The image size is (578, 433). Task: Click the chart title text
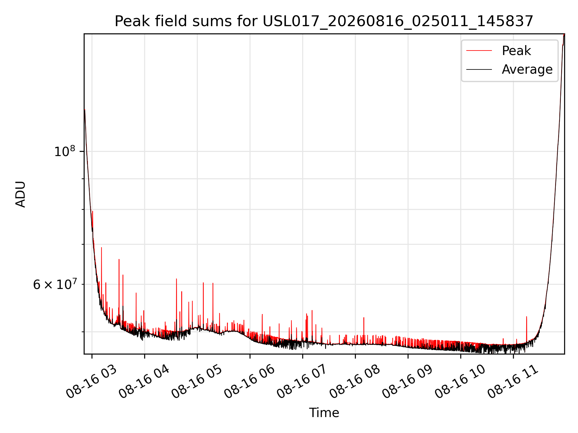[x=324, y=21]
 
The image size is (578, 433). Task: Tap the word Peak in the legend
[x=516, y=51]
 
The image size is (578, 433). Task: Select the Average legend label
[x=527, y=69]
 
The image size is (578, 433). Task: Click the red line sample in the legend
[x=479, y=51]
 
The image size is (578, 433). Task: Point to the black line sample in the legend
[x=479, y=69]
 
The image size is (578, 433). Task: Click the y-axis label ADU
[x=20, y=194]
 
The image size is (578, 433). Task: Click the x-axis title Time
[x=324, y=413]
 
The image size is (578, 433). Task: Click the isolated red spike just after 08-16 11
[x=526, y=330]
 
